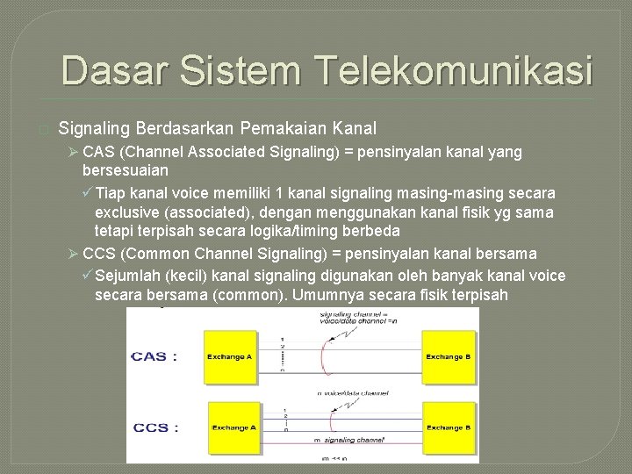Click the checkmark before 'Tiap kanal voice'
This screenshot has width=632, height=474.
(x=87, y=192)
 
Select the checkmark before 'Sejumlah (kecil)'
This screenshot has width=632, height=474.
(x=87, y=276)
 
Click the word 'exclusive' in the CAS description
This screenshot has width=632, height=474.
(x=127, y=212)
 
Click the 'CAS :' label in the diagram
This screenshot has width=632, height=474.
(x=154, y=356)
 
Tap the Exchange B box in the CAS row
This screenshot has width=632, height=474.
(x=448, y=356)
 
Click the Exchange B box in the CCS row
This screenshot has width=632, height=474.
(x=448, y=427)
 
